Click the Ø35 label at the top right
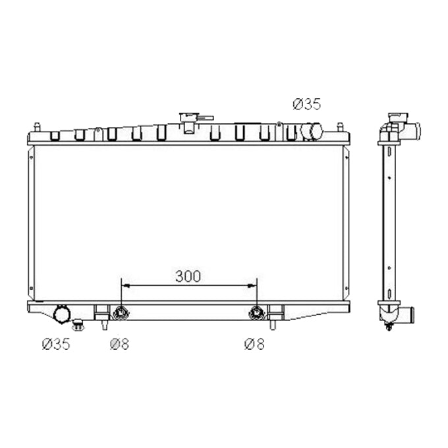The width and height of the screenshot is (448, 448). pyautogui.click(x=306, y=103)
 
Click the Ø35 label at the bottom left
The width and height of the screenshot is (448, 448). pyautogui.click(x=55, y=344)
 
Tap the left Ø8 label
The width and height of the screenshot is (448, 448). pyautogui.click(x=119, y=344)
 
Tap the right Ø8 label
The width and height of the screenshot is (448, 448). pyautogui.click(x=254, y=344)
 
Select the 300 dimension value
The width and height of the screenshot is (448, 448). pyautogui.click(x=188, y=276)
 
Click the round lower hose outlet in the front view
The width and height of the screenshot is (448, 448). pyautogui.click(x=63, y=315)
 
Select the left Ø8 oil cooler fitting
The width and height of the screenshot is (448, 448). pyautogui.click(x=120, y=313)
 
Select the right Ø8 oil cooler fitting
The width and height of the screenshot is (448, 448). pyautogui.click(x=256, y=313)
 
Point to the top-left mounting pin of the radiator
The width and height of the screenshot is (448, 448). pyautogui.click(x=38, y=126)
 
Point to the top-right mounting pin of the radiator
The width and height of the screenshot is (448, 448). pyautogui.click(x=340, y=126)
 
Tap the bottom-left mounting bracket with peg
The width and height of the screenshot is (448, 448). pyautogui.click(x=103, y=317)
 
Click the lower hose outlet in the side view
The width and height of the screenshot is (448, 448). pyautogui.click(x=406, y=316)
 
